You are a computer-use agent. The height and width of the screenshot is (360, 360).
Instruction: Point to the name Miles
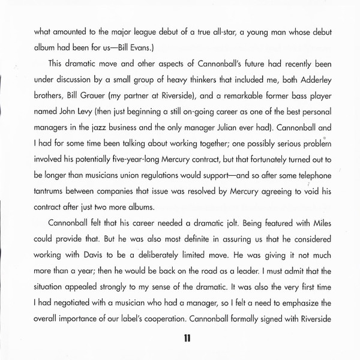pyautogui.click(x=323, y=231)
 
